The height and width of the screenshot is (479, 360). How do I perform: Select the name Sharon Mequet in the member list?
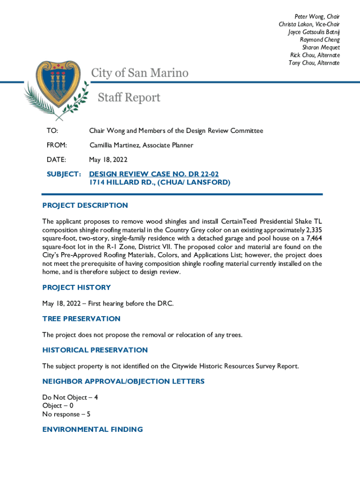click(321, 48)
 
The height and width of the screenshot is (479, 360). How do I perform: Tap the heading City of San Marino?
click(140, 73)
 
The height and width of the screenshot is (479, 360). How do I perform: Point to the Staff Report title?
click(129, 97)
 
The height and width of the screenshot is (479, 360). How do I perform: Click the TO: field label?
click(52, 131)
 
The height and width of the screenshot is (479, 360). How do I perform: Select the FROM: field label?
click(57, 145)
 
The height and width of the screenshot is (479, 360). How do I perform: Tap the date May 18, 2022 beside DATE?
click(108, 160)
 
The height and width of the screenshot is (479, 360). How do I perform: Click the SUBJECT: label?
click(64, 174)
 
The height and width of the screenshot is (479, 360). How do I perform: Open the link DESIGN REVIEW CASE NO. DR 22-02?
click(154, 174)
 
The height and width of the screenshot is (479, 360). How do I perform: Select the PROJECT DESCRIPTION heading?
click(85, 205)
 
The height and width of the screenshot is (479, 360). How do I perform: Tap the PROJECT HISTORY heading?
click(77, 287)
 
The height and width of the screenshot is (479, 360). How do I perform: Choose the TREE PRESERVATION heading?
click(81, 319)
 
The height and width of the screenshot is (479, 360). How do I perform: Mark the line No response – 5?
click(66, 414)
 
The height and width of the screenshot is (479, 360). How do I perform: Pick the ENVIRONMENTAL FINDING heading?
click(93, 429)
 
